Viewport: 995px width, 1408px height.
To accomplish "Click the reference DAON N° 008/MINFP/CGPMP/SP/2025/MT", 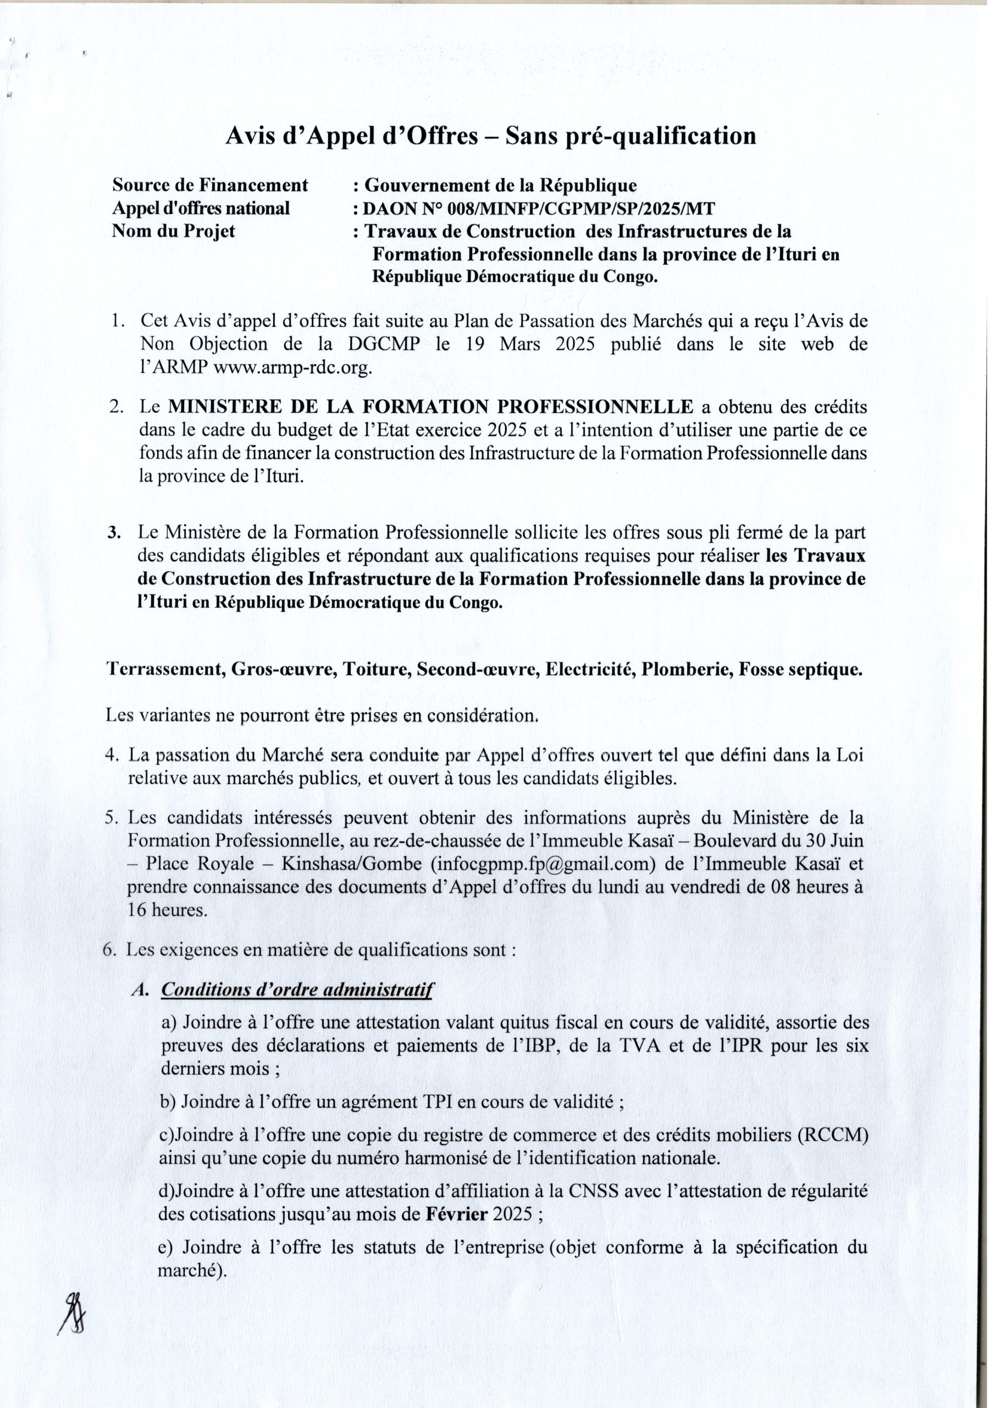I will point(538,208).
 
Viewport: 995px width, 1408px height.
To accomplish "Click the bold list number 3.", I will point(113,532).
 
